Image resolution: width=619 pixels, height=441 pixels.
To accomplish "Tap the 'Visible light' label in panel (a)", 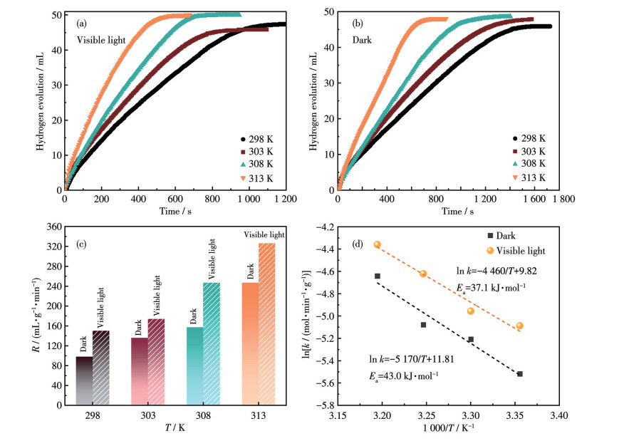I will pyautogui.click(x=101, y=40).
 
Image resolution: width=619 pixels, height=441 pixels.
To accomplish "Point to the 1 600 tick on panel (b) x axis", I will pyautogui.click(x=528, y=199).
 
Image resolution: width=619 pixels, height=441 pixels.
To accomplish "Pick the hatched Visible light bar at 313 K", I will pyautogui.click(x=266, y=324).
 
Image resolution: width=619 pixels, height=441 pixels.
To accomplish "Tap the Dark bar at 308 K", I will pyautogui.click(x=194, y=366).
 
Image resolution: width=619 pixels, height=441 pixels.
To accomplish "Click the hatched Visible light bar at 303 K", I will pyautogui.click(x=156, y=362).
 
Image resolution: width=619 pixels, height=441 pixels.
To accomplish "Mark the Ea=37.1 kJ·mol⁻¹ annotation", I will pyautogui.click(x=491, y=286).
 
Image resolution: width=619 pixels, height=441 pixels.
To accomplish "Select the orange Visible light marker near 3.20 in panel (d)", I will pyautogui.click(x=378, y=244).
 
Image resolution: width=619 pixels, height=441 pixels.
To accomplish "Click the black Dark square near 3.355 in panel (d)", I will pyautogui.click(x=520, y=373).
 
